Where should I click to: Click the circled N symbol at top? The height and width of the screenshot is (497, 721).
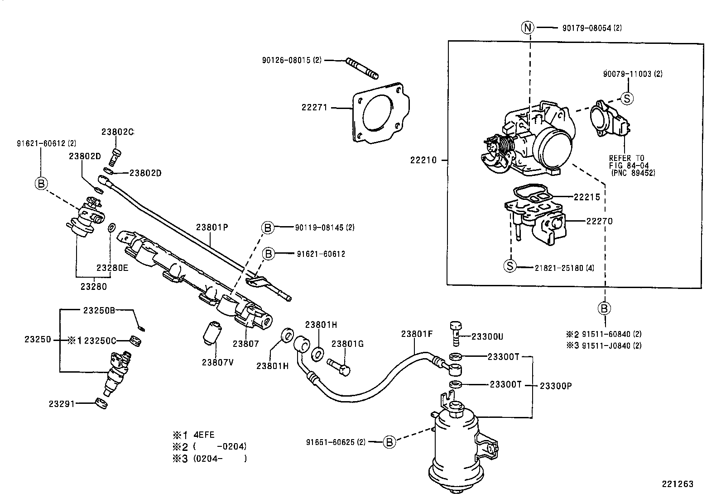coord(528,28)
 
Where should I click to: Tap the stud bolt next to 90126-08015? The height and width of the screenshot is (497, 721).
coord(362,68)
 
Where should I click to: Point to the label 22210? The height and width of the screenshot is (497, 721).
coord(423,160)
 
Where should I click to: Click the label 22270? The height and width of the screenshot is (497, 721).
coord(599,221)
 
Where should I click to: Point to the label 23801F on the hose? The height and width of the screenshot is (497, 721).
coord(417,334)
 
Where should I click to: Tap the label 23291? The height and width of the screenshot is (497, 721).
coord(62,403)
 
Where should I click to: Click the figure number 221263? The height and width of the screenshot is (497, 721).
coord(678,484)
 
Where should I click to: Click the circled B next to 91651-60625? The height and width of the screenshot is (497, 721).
coord(389,442)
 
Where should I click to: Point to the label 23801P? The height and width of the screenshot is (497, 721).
coord(211,227)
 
